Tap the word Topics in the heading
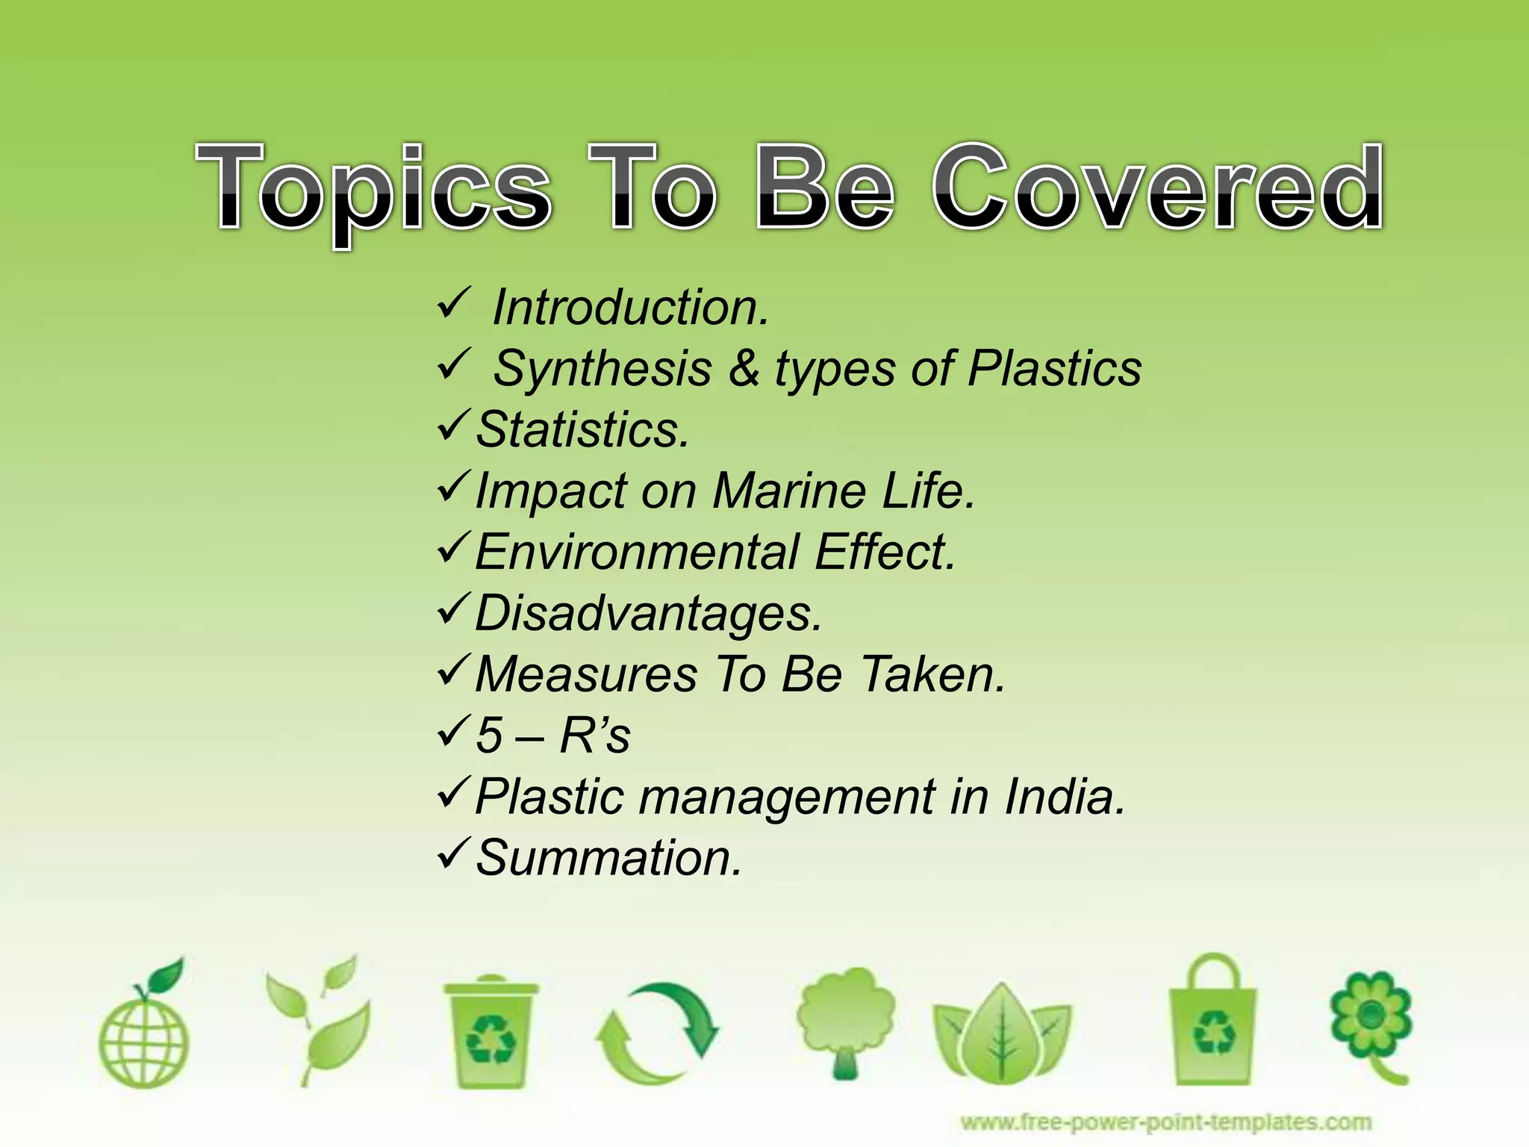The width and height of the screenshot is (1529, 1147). [x=373, y=190]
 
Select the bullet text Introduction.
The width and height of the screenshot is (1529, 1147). [x=630, y=308]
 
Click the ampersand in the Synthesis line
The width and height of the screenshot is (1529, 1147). [x=744, y=369]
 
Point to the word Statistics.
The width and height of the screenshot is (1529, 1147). [x=582, y=430]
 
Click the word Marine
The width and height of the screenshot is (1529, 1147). [x=788, y=491]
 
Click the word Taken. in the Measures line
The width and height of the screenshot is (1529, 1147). [x=933, y=674]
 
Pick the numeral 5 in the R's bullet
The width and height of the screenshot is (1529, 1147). [x=489, y=736]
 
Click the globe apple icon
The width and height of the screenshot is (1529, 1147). [x=144, y=1027]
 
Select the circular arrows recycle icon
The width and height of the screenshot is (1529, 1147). [x=657, y=1034]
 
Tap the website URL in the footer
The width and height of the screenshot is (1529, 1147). [x=1165, y=1122]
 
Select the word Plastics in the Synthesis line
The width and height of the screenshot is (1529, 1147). [x=1054, y=369]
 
